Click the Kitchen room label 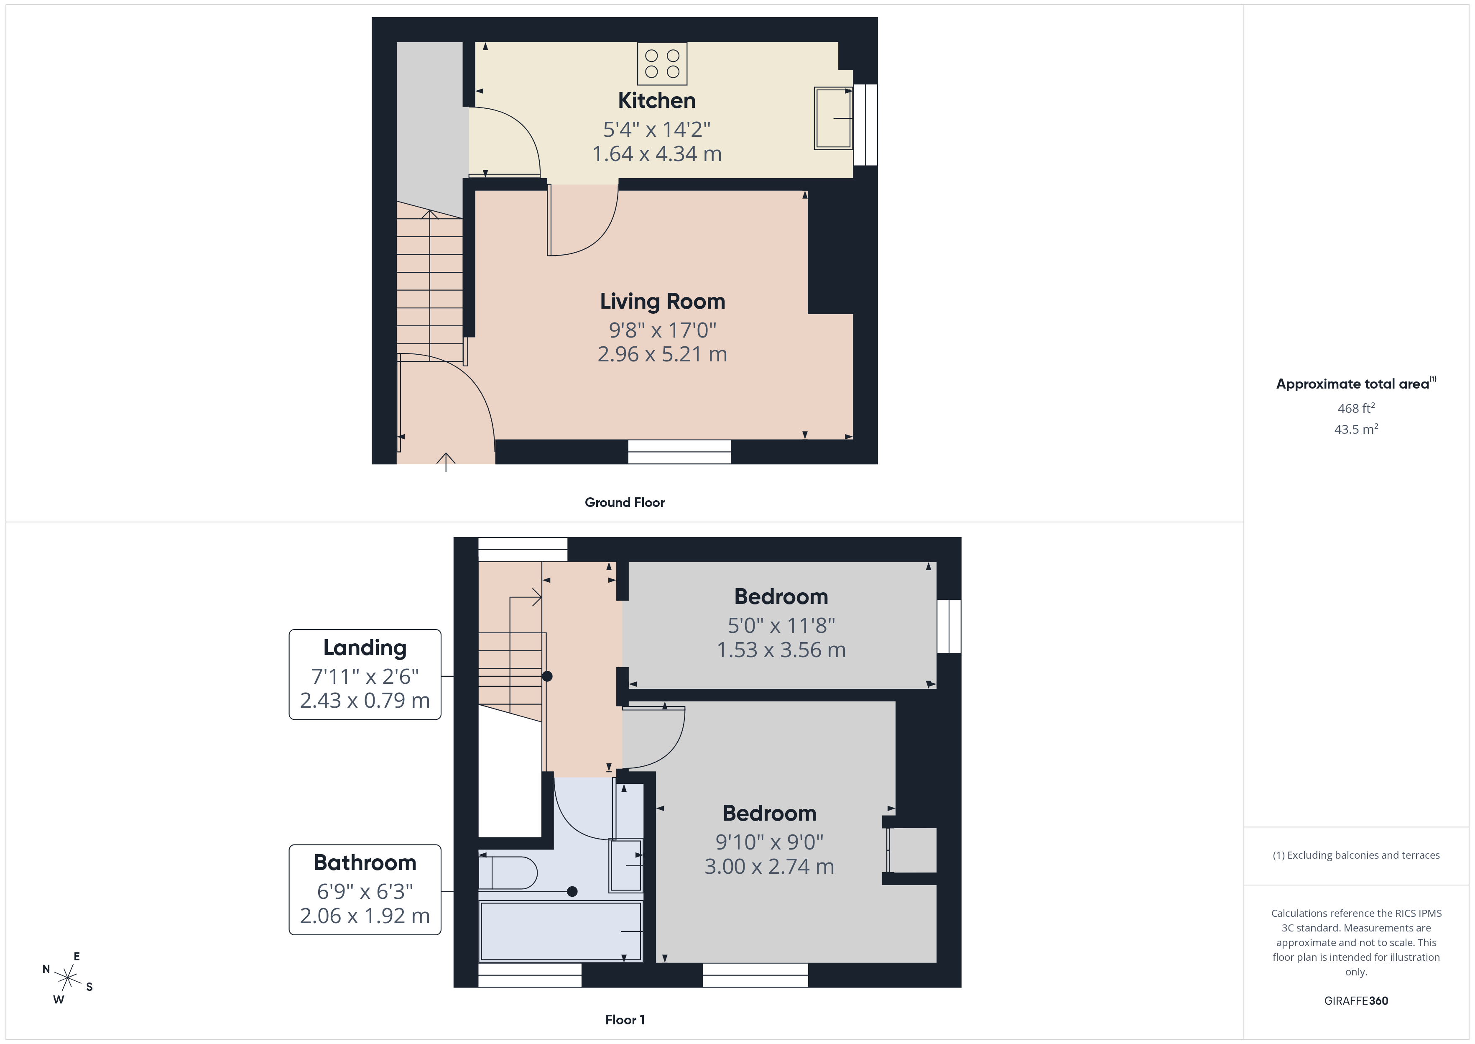coord(656,101)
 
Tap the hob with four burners coord(662,64)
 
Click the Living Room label coord(662,302)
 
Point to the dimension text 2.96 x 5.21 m coord(662,354)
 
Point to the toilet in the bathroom coord(508,873)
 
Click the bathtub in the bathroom coord(561,931)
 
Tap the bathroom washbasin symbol coord(625,865)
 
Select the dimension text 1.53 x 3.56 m coord(781,650)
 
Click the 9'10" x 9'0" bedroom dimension coord(769,842)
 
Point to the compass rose coord(67,978)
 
